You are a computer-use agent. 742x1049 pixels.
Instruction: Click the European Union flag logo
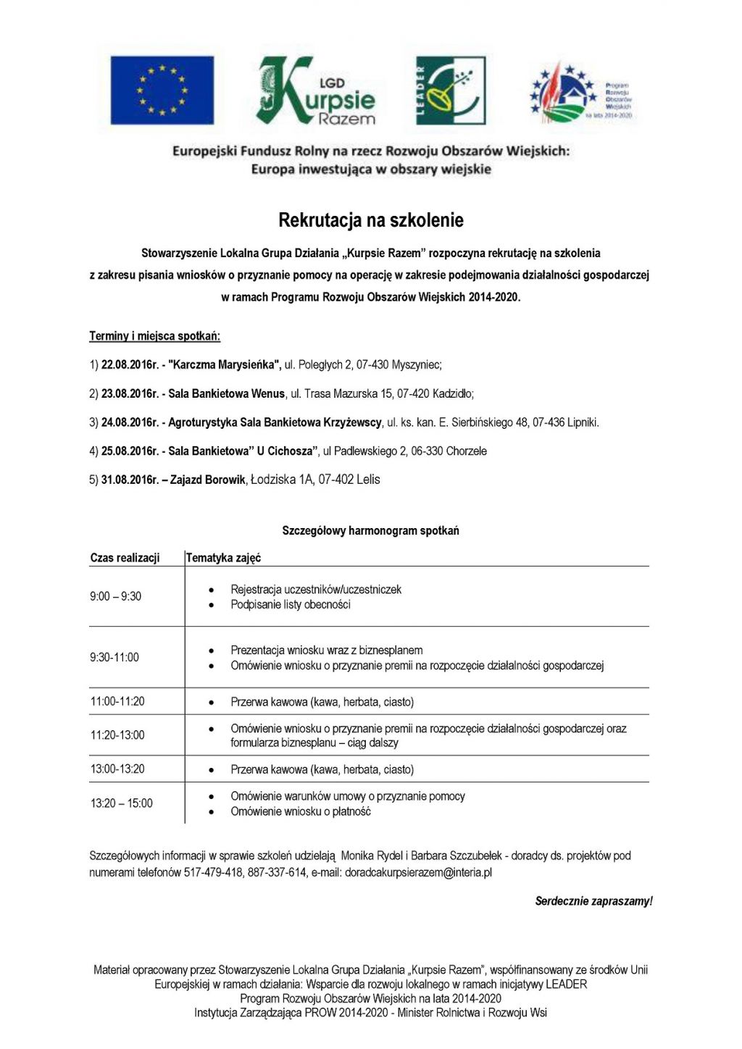(x=162, y=91)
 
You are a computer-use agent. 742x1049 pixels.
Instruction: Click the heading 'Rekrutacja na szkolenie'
(x=371, y=220)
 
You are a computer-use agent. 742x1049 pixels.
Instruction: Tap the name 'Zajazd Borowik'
(x=208, y=480)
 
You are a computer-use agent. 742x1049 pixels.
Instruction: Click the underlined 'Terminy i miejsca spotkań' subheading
(x=154, y=336)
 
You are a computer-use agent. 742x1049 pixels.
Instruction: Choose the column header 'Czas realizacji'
(x=125, y=558)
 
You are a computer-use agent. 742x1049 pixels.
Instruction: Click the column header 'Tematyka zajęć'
(x=223, y=558)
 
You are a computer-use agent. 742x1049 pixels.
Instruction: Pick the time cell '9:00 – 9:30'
(x=115, y=596)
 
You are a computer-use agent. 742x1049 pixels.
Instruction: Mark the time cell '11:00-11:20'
(x=117, y=701)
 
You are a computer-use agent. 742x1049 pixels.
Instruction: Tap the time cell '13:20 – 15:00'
(x=121, y=803)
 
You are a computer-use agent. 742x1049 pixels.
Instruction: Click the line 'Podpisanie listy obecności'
(x=291, y=605)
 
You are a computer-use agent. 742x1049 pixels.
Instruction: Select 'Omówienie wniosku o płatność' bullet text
(x=301, y=812)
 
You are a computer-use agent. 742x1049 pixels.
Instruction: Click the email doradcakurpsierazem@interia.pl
(x=418, y=873)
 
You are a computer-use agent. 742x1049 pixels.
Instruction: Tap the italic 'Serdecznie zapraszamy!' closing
(x=593, y=901)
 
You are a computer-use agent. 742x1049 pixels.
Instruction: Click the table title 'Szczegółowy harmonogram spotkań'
(x=370, y=531)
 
